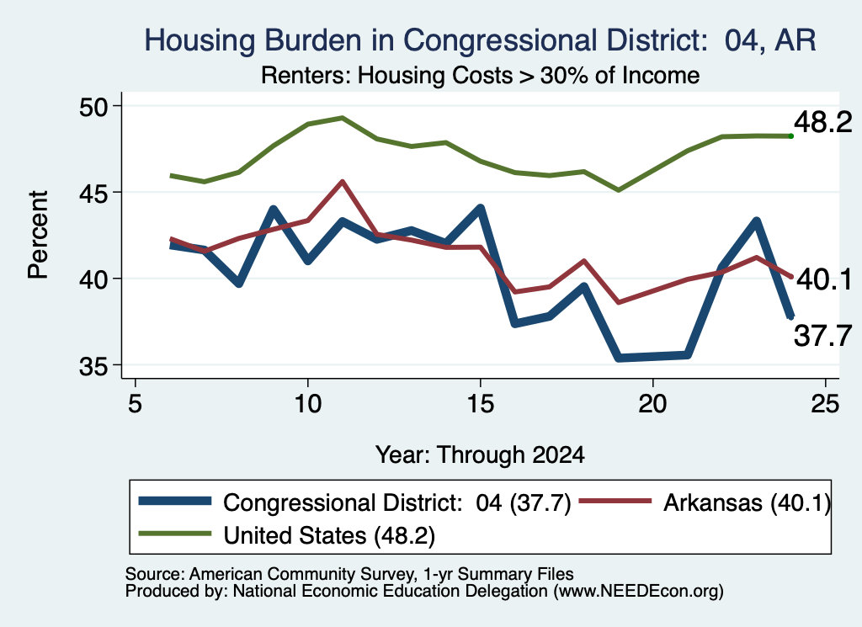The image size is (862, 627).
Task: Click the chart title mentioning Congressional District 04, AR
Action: pyautogui.click(x=480, y=40)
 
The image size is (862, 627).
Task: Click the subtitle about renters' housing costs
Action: pyautogui.click(x=480, y=75)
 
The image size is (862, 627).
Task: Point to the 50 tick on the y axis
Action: pyautogui.click(x=94, y=106)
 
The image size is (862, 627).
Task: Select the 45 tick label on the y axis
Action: pyautogui.click(x=94, y=193)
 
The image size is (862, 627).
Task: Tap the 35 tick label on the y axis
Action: pyautogui.click(x=94, y=365)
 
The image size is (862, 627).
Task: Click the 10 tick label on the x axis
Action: pyautogui.click(x=307, y=404)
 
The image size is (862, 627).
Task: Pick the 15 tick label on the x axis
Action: pyautogui.click(x=480, y=404)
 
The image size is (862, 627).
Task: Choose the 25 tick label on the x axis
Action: pyautogui.click(x=825, y=404)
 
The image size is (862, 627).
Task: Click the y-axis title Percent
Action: pyautogui.click(x=38, y=235)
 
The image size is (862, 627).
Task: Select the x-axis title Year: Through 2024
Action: pyautogui.click(x=480, y=455)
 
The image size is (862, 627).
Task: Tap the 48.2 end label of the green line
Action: pyautogui.click(x=822, y=122)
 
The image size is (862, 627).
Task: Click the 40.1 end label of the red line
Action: pyautogui.click(x=823, y=279)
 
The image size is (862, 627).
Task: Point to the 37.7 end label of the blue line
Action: pyautogui.click(x=822, y=335)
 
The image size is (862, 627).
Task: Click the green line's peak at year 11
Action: pyautogui.click(x=342, y=118)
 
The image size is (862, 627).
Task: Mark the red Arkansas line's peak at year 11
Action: pyautogui.click(x=342, y=181)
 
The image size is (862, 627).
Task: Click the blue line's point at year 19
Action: pyautogui.click(x=619, y=358)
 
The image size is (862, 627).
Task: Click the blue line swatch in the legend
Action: pyautogui.click(x=175, y=501)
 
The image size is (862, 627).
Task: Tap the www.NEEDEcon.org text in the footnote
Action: pyautogui.click(x=638, y=592)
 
